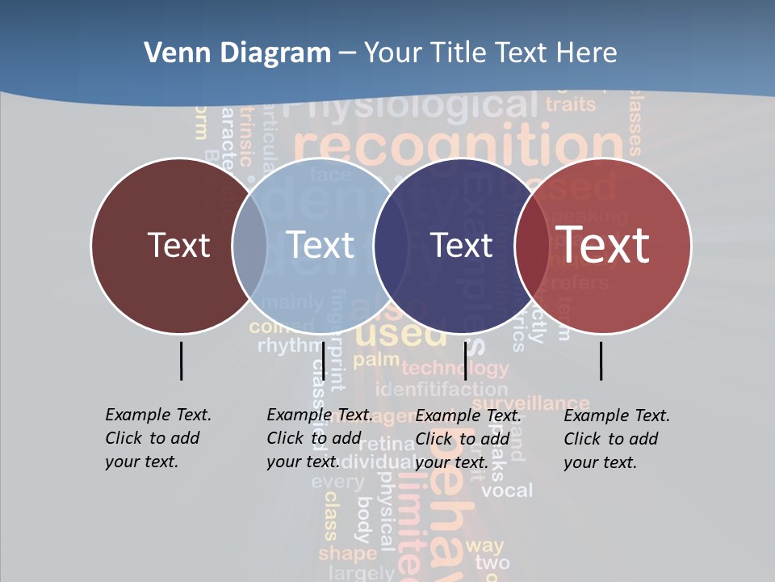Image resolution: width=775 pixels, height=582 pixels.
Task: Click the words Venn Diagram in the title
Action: tap(237, 53)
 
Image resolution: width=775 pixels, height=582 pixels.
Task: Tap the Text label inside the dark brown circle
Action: tap(178, 245)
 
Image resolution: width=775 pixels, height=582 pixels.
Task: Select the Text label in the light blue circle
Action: tap(320, 245)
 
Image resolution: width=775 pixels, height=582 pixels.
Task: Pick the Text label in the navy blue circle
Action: tap(462, 245)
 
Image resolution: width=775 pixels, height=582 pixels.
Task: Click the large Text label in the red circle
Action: tap(603, 244)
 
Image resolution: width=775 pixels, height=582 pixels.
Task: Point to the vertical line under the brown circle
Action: tap(182, 361)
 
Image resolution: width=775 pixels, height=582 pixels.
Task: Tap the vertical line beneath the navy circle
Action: tap(465, 361)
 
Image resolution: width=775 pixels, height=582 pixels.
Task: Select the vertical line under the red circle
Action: tap(601, 361)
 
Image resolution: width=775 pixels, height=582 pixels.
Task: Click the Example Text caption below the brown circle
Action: tap(158, 438)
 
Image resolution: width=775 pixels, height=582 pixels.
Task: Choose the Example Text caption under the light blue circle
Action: tap(320, 438)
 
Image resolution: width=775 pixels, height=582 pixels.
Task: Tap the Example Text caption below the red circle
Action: tap(617, 439)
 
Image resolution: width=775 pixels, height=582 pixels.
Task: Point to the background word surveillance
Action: tap(530, 403)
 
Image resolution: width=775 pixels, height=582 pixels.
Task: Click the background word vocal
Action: tap(507, 491)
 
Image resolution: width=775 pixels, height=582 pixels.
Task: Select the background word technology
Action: tap(455, 369)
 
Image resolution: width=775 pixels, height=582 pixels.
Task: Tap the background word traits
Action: tap(570, 103)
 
